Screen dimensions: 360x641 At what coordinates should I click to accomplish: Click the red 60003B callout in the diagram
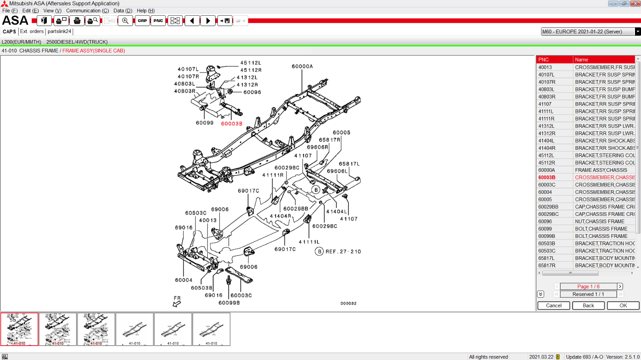(232, 124)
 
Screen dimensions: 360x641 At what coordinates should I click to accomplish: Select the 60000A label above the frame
(302, 66)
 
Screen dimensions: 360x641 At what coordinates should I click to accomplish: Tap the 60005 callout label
(341, 133)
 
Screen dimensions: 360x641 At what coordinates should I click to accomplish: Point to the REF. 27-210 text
(343, 251)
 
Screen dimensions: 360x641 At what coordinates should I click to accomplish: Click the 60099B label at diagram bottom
(229, 303)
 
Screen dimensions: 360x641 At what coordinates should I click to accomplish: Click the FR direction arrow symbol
(177, 304)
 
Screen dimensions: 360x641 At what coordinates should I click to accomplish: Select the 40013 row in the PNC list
(554, 67)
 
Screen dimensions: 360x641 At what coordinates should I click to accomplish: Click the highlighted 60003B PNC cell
(554, 177)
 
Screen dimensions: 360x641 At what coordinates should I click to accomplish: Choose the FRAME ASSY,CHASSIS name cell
(604, 170)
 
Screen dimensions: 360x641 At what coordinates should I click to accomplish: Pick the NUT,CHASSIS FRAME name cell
(604, 221)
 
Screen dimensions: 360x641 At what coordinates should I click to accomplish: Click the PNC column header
(554, 60)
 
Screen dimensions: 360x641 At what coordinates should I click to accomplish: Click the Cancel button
(554, 306)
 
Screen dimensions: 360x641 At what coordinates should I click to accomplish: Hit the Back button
(588, 306)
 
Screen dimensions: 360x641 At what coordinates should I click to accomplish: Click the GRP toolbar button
(142, 21)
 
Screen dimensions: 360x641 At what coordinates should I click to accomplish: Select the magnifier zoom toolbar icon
(125, 21)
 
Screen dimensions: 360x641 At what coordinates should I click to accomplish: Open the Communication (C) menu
(87, 11)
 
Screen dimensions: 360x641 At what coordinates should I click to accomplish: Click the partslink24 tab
(59, 32)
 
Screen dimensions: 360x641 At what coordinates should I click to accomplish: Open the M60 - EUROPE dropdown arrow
(638, 32)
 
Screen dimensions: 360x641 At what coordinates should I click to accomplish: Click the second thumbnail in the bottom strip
(58, 329)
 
